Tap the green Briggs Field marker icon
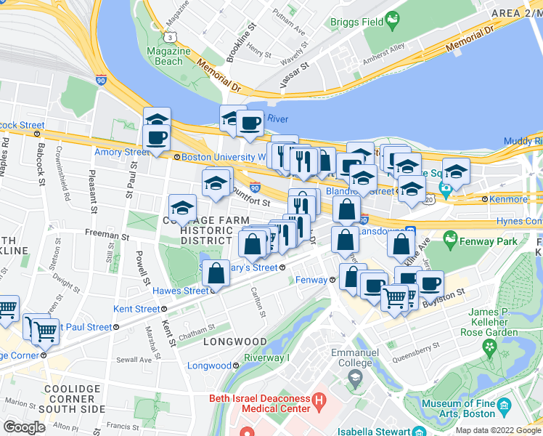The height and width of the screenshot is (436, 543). point(393,21)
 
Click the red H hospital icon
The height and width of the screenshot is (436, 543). point(318,401)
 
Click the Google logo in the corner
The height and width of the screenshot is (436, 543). point(23,427)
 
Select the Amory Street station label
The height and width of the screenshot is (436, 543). point(121,152)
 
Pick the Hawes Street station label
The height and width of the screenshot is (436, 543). point(181,291)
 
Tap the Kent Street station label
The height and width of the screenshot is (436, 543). point(136,309)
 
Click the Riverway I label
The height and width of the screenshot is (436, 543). point(266,358)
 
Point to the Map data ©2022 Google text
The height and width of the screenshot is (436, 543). point(498,430)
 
